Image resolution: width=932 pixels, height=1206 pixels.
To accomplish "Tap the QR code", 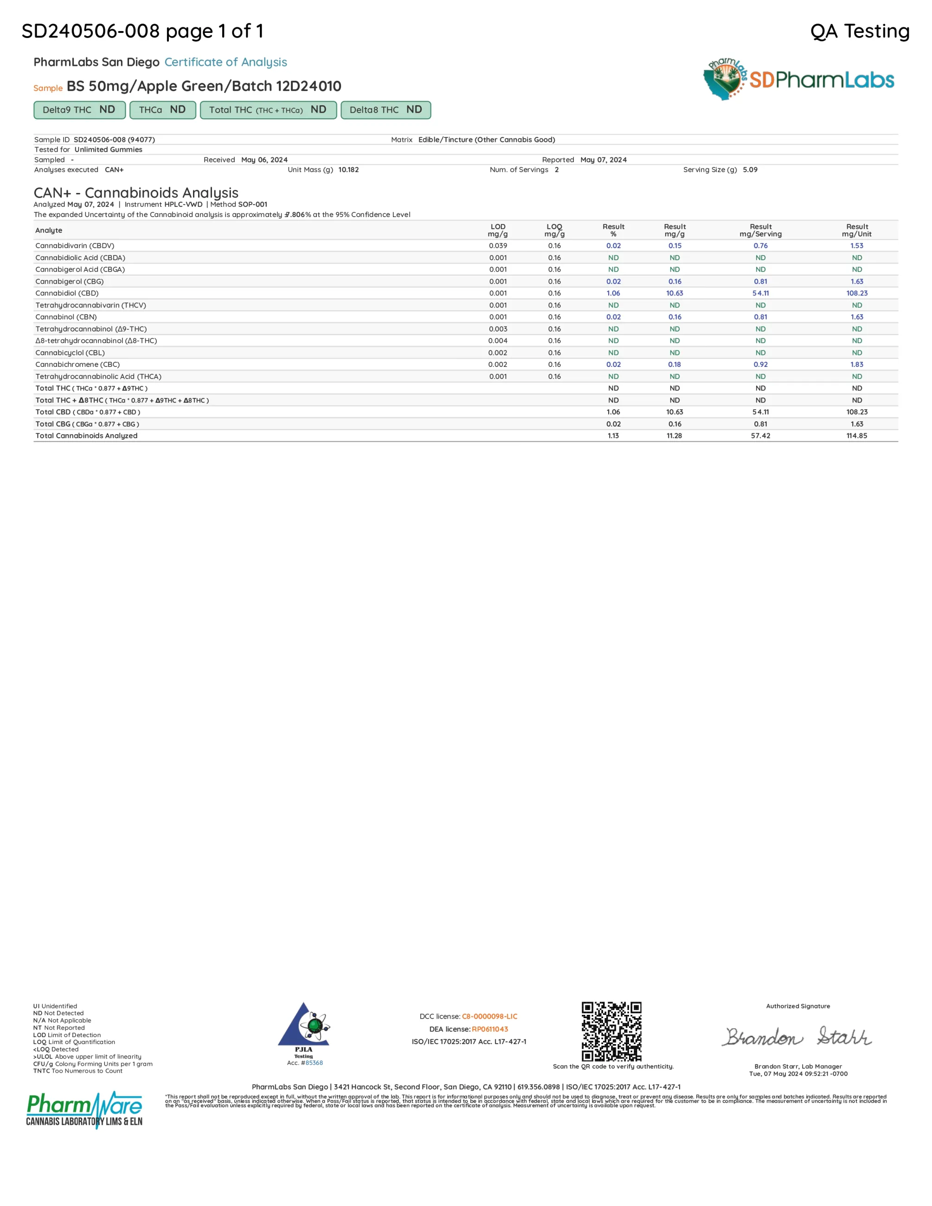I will [611, 1031].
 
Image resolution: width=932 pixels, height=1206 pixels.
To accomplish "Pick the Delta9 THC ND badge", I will [79, 110].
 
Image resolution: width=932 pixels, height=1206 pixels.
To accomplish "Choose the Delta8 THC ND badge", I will [386, 110].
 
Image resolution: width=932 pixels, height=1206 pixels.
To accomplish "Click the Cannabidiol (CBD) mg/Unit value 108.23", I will [856, 293].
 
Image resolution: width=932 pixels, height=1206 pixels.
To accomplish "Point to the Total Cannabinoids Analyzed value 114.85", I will [856, 436].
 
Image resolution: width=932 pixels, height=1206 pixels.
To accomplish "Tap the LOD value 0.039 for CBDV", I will [497, 246].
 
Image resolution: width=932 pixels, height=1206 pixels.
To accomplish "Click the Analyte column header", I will [49, 230].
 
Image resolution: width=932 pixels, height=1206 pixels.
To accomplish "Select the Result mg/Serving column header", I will [760, 230].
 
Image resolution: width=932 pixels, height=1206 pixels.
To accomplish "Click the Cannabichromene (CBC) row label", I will [77, 365].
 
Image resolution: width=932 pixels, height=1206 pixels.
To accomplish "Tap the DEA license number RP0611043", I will [490, 1029].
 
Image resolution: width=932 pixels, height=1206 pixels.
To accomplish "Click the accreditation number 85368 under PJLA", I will [314, 1062].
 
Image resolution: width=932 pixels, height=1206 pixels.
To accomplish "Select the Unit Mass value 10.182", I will [348, 169].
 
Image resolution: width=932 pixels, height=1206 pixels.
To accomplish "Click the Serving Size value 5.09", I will [750, 169].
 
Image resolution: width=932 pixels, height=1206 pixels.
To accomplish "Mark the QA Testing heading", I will [860, 31].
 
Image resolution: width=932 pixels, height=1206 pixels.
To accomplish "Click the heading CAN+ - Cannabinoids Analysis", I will [136, 192].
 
